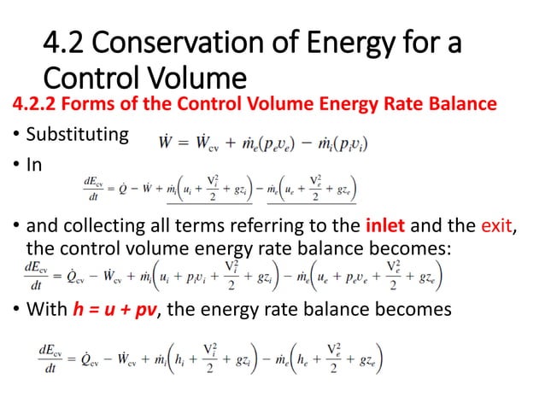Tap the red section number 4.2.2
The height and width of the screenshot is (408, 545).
click(35, 105)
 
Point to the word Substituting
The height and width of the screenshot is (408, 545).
click(78, 135)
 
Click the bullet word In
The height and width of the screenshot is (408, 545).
click(33, 165)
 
